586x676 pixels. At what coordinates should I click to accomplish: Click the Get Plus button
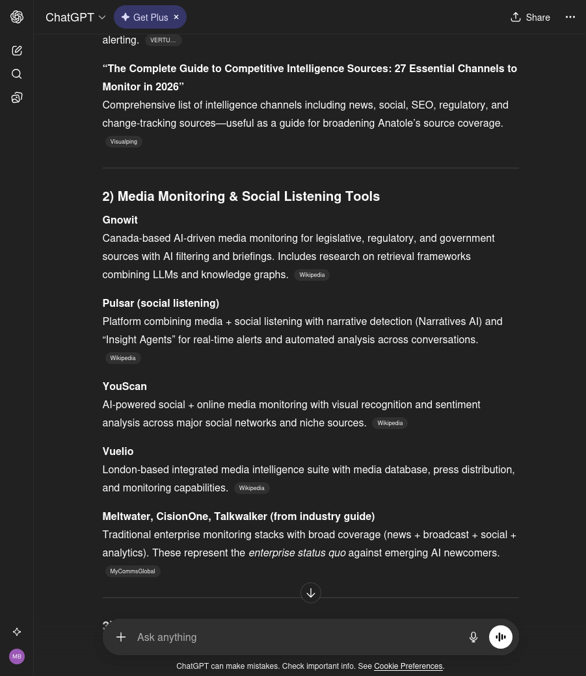coord(144,18)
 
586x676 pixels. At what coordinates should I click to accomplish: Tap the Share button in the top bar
coord(530,18)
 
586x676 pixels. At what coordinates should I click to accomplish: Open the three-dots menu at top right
coord(570,18)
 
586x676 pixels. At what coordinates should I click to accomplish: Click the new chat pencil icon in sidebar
coord(17,51)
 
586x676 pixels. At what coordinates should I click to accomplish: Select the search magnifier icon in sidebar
coord(17,74)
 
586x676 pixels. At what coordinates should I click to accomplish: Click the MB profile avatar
coord(17,656)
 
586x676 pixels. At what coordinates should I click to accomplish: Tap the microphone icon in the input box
coord(473,637)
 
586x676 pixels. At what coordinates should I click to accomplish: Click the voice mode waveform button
coord(501,637)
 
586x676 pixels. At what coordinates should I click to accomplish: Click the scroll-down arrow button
coord(311,593)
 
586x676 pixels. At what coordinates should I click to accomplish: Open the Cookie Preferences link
coord(408,666)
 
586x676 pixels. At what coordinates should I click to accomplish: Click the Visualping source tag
coord(124,142)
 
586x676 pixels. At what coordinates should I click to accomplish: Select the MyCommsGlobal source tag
coord(133,571)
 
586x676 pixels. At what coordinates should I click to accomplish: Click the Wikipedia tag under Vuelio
coord(252,488)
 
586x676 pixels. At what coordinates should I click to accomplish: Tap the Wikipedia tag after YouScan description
coord(390,423)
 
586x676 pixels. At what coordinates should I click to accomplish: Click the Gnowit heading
coord(120,220)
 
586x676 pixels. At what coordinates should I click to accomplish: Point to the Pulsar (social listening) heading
coord(161,303)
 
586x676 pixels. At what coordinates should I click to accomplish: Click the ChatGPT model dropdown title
coord(75,18)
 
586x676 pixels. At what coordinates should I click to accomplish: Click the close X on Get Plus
coord(176,18)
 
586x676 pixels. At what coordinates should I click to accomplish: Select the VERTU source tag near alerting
coord(163,40)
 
